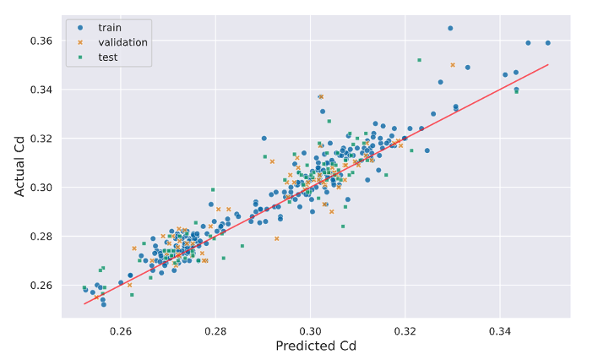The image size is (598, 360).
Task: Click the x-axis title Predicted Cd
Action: [315, 346]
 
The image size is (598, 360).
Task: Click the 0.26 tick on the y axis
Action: [41, 286]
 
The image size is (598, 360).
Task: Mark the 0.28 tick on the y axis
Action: [41, 237]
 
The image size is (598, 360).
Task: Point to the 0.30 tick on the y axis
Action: [41, 188]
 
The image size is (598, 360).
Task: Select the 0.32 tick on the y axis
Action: [41, 139]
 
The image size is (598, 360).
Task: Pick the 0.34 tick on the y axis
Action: [41, 90]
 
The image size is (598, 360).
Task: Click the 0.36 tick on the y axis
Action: [41, 41]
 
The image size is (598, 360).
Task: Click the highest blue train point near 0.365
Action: [450, 28]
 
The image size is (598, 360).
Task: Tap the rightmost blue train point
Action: [548, 42]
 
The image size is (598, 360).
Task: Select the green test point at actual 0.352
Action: [419, 60]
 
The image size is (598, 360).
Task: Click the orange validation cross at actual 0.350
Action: [453, 64]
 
